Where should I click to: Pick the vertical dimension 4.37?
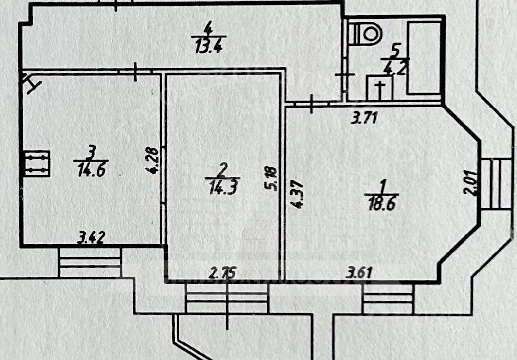(299, 195)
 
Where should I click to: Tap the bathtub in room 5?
(424, 57)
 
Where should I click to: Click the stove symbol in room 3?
(37, 163)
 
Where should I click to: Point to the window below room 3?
(90, 263)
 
